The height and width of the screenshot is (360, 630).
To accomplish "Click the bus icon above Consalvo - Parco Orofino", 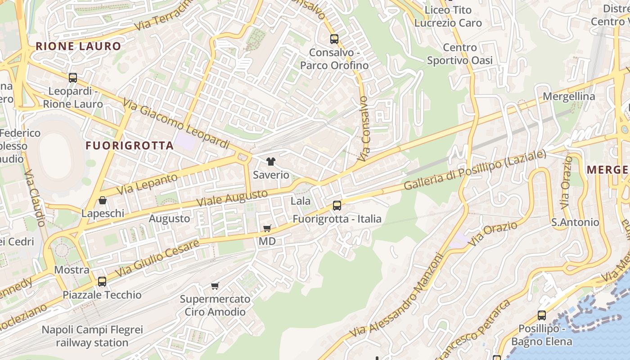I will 334,39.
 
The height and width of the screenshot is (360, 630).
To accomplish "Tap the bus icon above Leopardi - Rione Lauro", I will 73,78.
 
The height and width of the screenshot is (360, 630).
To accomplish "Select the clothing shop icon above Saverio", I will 270,162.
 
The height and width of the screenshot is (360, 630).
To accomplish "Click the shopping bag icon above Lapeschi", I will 103,200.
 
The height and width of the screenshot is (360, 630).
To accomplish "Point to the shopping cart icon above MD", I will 267,229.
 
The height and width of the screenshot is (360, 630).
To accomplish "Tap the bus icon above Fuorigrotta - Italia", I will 337,206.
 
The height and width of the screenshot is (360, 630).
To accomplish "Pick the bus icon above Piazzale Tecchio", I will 102,282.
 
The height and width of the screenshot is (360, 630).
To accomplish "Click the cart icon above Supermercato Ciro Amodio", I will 215,286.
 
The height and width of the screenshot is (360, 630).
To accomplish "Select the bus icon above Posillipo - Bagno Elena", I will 542,315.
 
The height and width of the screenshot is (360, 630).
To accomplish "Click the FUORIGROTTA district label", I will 130,145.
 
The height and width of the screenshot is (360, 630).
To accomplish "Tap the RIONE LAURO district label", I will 78,46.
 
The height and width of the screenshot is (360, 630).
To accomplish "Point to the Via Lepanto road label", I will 147,184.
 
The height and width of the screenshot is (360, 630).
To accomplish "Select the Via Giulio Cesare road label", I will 157,258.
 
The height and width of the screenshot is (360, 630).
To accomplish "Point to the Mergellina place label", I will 569,96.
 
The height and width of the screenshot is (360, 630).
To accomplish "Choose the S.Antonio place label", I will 575,222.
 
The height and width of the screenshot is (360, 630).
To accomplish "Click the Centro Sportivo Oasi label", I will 459,54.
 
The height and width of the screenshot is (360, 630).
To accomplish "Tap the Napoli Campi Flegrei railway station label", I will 92,336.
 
